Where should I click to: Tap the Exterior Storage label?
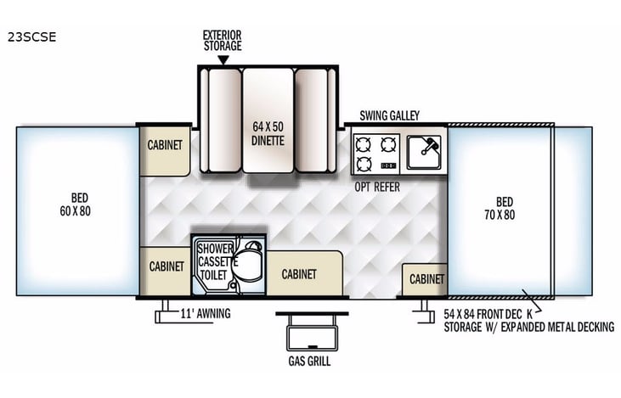click(223, 40)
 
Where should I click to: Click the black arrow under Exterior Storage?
click(223, 60)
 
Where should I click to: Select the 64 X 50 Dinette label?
click(268, 133)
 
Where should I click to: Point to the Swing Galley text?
click(389, 115)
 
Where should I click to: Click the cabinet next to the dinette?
click(165, 145)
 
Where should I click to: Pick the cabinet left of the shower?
click(165, 266)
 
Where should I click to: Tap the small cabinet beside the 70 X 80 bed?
click(426, 279)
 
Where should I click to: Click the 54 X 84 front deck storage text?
click(528, 320)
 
